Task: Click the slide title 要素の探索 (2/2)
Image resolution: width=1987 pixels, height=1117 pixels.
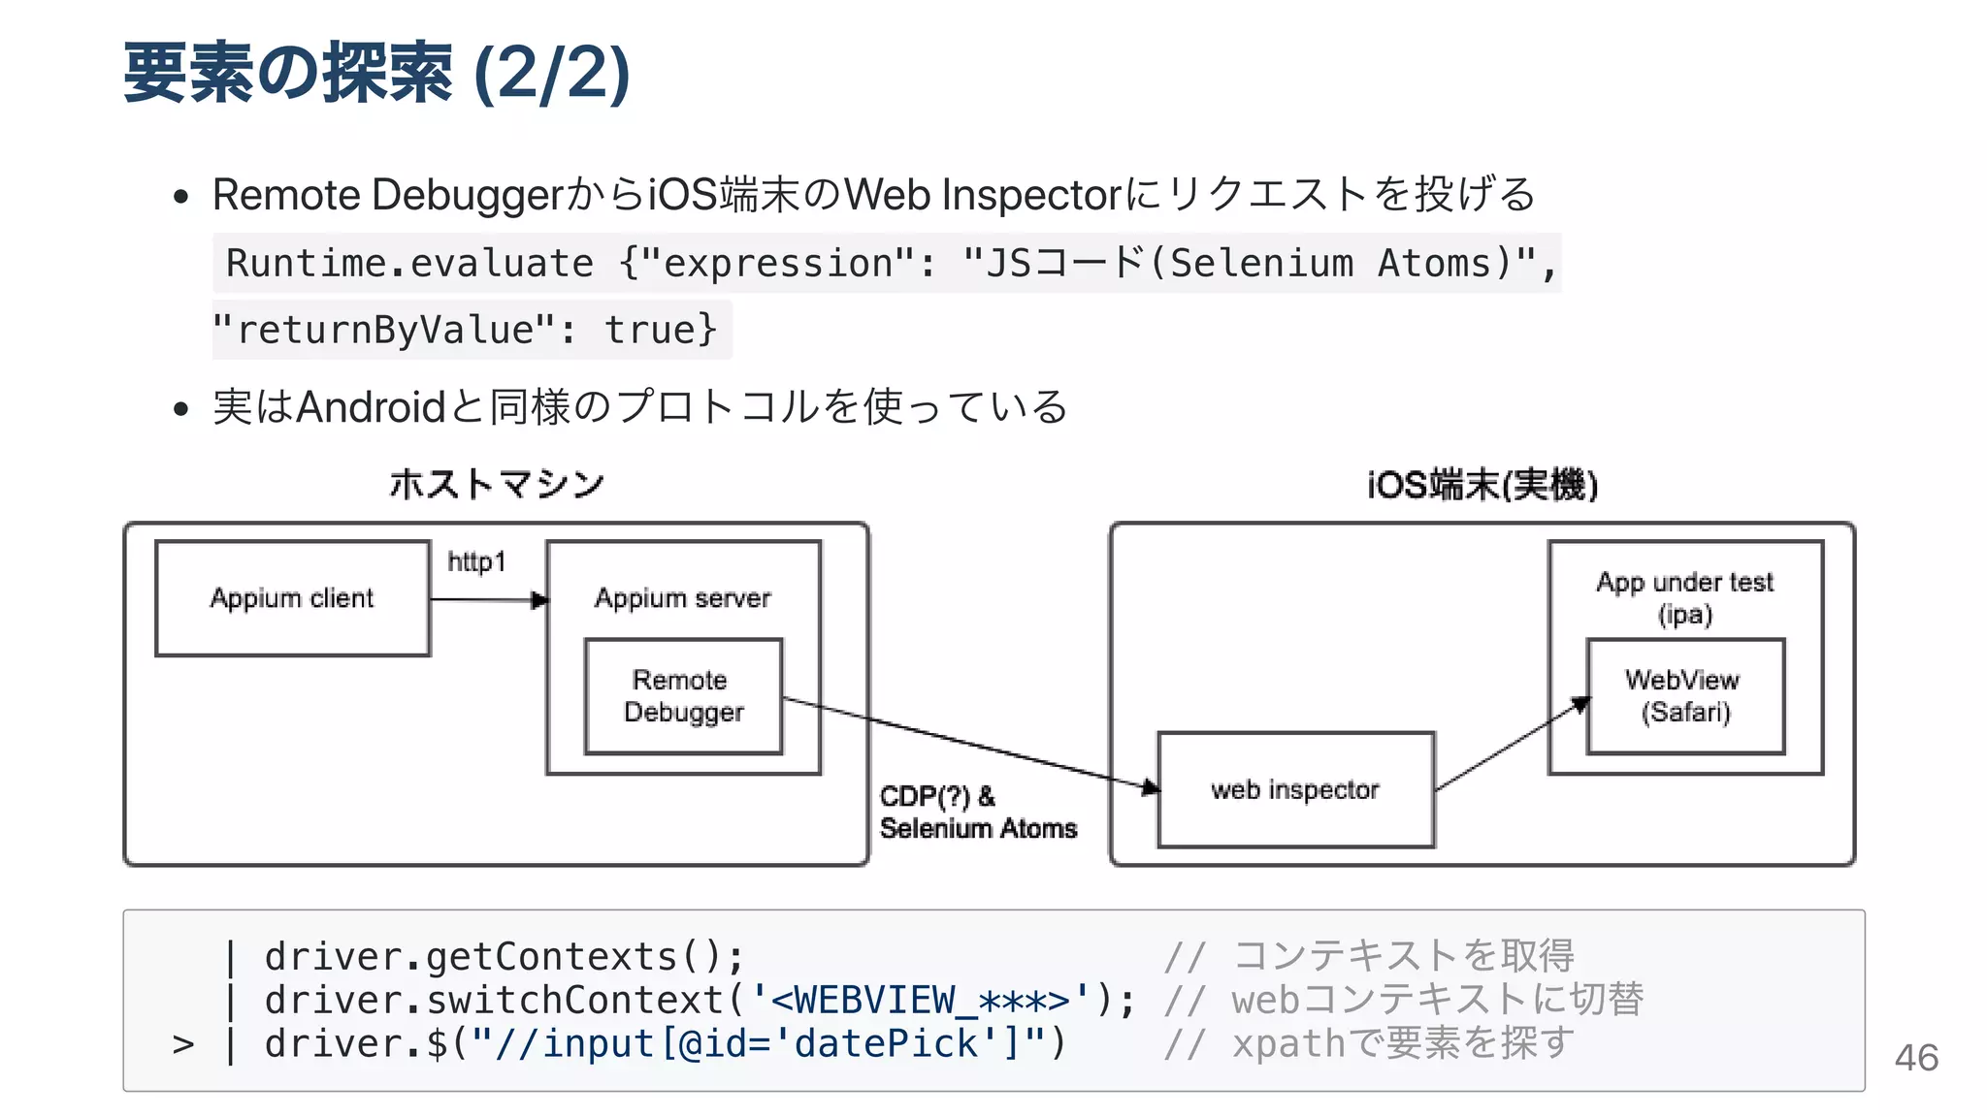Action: pos(376,74)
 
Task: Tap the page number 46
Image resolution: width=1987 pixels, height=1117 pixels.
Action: pos(1915,1058)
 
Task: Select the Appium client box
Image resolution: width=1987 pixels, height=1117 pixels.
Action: pos(292,598)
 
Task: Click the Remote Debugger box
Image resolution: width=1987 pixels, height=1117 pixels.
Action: pos(683,696)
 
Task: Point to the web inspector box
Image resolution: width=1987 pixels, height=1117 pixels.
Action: pos(1295,790)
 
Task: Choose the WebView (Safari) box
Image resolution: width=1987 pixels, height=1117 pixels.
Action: pos(1685,696)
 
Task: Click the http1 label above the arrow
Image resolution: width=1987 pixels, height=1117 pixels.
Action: pos(476,562)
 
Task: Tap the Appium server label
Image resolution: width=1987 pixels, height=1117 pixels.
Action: pos(683,598)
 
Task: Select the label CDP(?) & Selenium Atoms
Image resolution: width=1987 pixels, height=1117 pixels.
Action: pos(977,813)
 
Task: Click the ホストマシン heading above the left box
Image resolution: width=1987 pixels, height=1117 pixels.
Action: pos(497,484)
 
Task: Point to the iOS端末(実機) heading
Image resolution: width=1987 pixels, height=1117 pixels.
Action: pos(1482,485)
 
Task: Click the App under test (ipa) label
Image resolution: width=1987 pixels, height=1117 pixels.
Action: pos(1685,597)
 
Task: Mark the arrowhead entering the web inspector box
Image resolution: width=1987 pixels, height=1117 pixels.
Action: pos(1151,787)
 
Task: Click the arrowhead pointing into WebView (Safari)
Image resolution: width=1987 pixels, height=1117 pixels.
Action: pos(1580,703)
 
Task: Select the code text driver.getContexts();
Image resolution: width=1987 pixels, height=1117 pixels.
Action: pos(505,957)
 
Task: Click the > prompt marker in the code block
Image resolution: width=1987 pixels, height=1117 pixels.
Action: pos(183,1044)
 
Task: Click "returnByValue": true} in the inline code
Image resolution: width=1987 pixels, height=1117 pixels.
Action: pos(466,331)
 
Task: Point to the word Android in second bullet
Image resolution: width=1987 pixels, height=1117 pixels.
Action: pos(371,407)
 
